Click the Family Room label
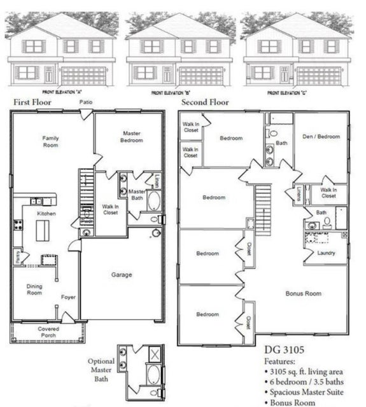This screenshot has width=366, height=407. pos(51,141)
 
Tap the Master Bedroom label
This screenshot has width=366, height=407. pos(132,137)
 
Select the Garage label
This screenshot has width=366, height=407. pos(122,275)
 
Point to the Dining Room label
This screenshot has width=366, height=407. pos(34,290)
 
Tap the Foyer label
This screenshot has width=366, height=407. pos(68,297)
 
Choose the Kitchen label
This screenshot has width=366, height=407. pos(46,214)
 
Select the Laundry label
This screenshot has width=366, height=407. pos(326,253)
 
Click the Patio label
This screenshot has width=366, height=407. pos(87,102)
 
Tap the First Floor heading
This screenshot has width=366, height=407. pos(34,102)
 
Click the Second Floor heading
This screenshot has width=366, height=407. pos(205,102)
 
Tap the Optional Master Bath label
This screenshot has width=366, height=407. pos(101,369)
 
